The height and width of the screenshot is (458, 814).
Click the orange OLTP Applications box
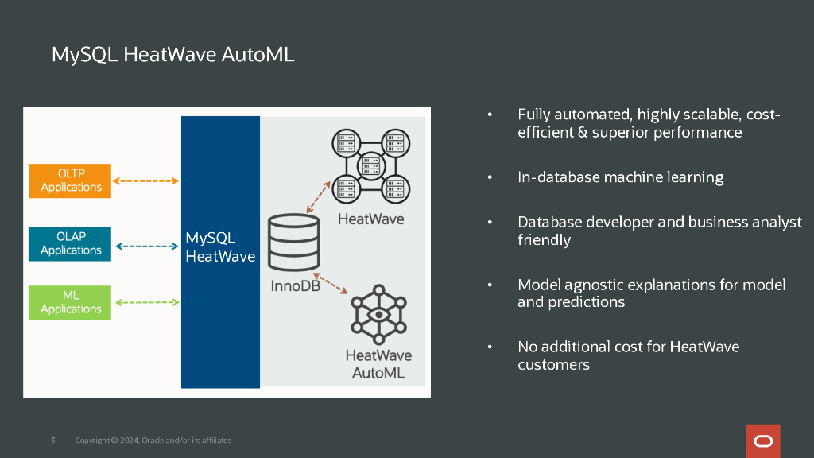pos(70,180)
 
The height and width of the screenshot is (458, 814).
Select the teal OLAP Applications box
pos(70,243)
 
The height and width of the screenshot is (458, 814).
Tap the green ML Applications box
pos(70,302)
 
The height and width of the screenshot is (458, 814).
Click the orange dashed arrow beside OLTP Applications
pos(146,181)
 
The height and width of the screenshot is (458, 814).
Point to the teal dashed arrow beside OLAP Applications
pos(146,246)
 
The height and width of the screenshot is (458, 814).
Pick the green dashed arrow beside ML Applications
pos(146,302)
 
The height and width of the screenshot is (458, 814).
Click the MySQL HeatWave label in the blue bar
pos(219,247)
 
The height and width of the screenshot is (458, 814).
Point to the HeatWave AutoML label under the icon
pos(378,364)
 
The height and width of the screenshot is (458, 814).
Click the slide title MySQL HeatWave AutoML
pos(172,54)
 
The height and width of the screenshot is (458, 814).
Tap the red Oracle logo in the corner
pos(763,441)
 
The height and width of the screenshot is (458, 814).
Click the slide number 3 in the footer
pos(52,441)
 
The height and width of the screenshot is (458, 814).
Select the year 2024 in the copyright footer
pos(129,441)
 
